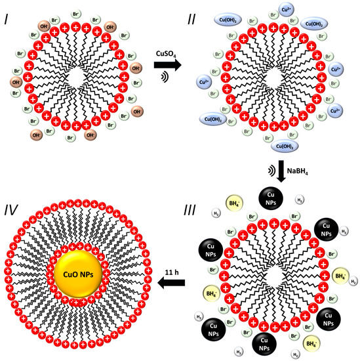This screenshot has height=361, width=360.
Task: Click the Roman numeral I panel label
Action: (8, 14)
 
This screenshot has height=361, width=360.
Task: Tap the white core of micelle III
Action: (275, 268)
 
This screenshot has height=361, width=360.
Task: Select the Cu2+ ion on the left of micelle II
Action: (204, 81)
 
